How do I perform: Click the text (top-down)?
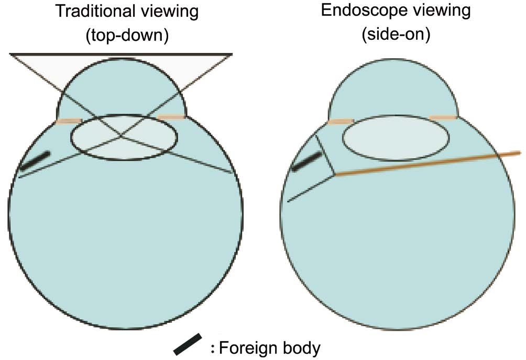pos(127,35)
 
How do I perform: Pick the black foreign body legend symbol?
pos(188,344)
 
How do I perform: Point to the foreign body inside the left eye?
pos(35,160)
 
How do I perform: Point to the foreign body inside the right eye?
pos(306,161)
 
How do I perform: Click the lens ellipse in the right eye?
pos(396,116)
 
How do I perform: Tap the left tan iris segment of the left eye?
pos(69,121)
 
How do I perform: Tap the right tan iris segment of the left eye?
pos(171,117)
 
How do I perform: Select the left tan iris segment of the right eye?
pos(341,122)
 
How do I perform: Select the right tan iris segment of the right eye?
pos(443,117)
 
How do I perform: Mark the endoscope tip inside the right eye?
pos(335,174)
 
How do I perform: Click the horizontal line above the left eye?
pos(121,53)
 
